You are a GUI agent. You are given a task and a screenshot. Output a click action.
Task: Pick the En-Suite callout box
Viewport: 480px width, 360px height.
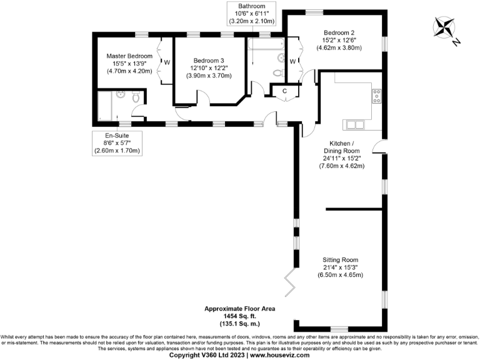[x=117, y=143]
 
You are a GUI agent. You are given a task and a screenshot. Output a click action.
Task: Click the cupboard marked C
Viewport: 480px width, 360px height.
[x=284, y=91]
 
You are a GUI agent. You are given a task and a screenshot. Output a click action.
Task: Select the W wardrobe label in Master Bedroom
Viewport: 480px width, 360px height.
[x=167, y=62]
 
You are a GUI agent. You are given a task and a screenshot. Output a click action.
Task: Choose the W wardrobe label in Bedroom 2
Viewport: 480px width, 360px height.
[x=292, y=61]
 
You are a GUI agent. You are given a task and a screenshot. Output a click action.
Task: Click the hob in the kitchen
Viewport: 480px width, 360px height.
[x=377, y=96]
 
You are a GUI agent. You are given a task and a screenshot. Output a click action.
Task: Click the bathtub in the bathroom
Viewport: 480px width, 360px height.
[x=266, y=46]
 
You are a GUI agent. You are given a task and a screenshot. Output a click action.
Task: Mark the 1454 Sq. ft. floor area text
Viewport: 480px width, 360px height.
[x=239, y=316]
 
